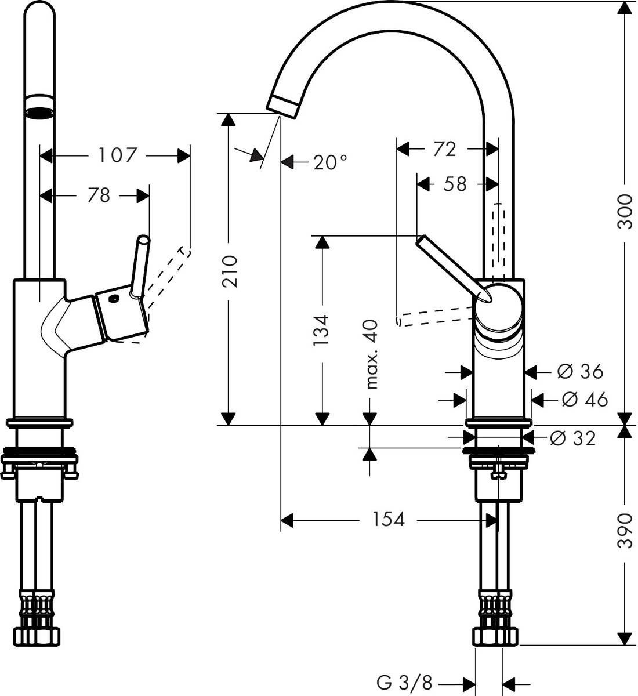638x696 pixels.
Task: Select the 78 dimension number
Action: (99, 195)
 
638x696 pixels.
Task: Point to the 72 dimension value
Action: (444, 149)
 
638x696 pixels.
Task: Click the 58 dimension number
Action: (455, 184)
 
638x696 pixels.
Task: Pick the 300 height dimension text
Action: (625, 210)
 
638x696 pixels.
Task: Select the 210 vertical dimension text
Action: (230, 271)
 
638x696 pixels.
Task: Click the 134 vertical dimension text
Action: (321, 329)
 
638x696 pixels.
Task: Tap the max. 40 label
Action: (371, 354)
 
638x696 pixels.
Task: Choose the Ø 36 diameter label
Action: (580, 371)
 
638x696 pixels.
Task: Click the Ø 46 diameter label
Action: (585, 399)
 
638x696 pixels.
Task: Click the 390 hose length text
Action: (625, 530)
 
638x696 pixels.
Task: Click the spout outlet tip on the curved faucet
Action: (283, 107)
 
